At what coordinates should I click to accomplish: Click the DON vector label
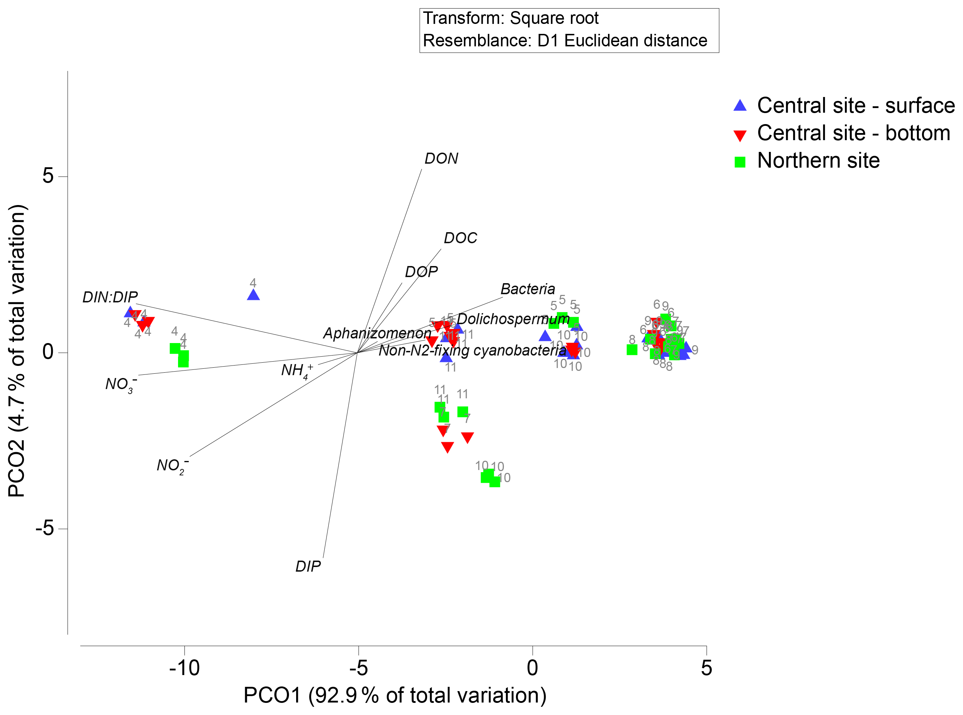441,158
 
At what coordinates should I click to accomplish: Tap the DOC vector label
460,238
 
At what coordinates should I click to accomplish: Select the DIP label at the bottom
308,566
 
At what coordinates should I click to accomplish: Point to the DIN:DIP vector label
110,297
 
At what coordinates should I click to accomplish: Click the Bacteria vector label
527,289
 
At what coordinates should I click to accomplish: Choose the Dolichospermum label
513,319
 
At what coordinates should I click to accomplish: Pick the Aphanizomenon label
377,333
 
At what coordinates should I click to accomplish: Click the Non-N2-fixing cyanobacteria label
472,350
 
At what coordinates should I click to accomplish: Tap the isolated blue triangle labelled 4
253,295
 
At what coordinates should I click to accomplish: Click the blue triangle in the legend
740,106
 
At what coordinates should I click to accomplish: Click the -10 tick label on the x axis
184,668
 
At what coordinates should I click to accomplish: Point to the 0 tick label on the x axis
532,668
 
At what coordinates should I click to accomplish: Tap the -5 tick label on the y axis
45,528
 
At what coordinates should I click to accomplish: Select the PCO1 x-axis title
395,695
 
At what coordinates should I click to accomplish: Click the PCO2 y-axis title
17,351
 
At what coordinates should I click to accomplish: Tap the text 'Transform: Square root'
511,19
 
